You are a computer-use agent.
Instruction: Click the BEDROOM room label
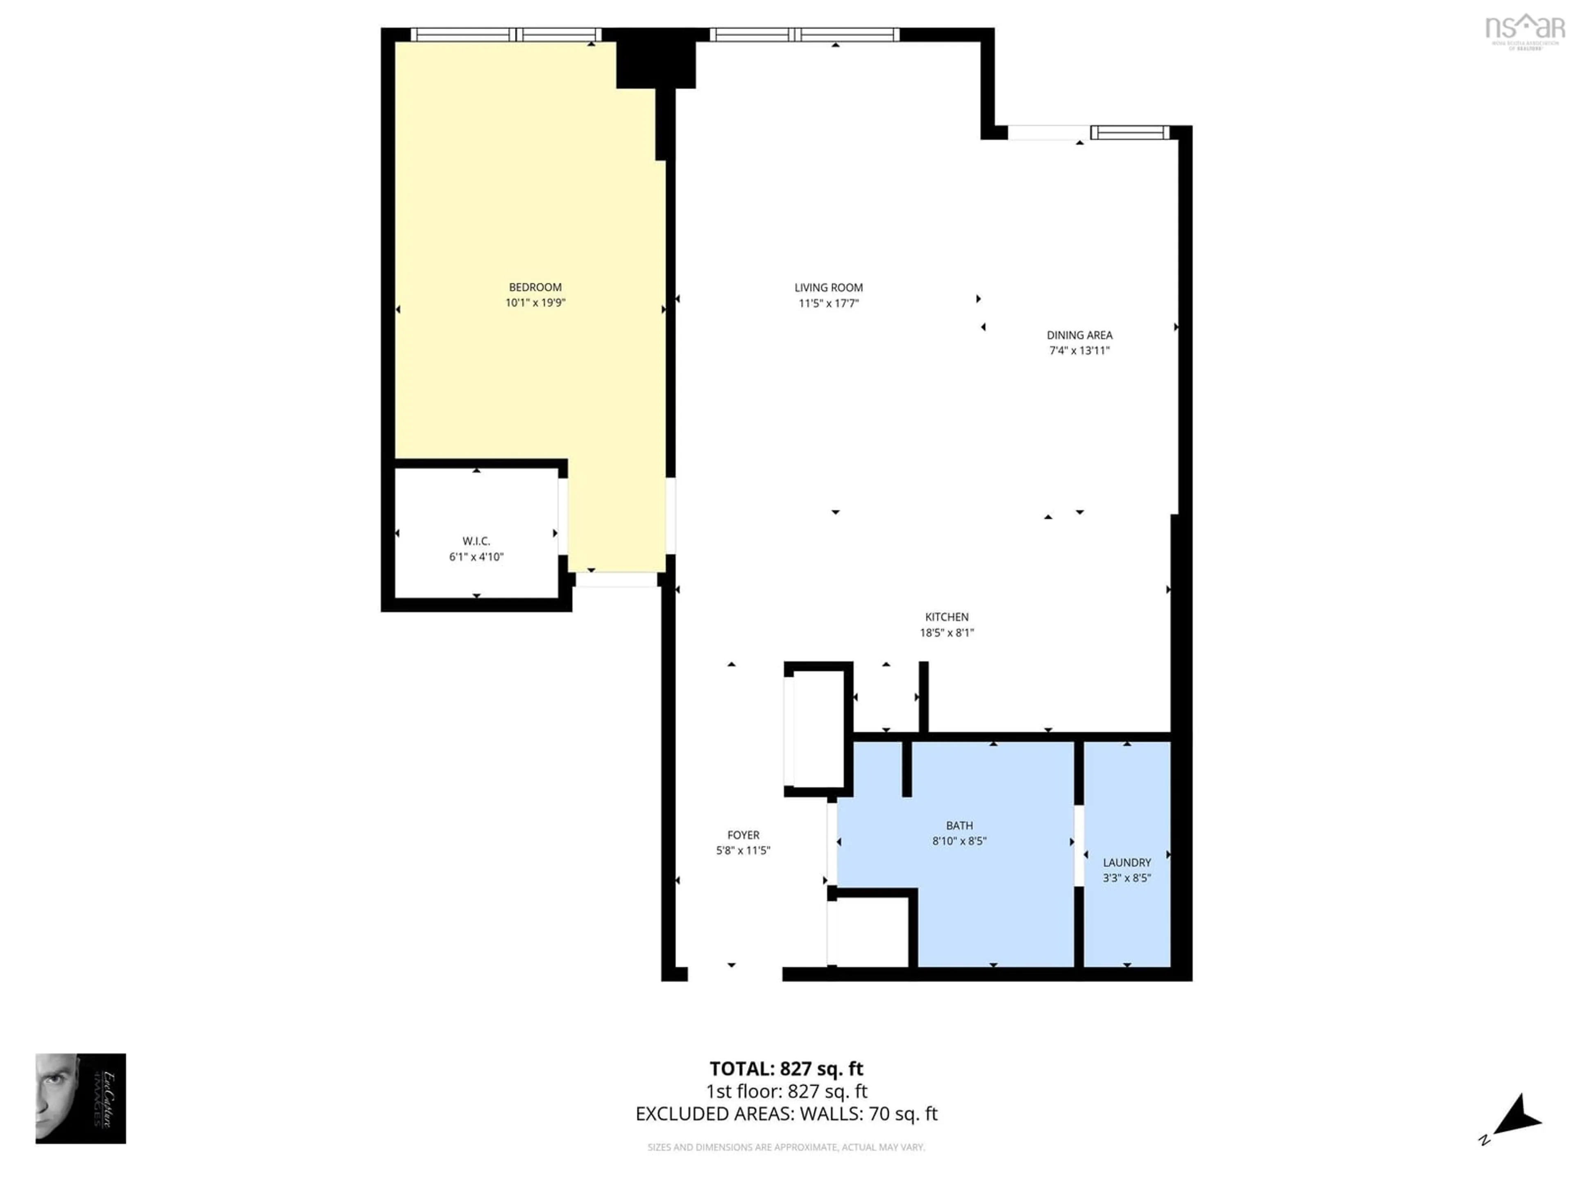pos(535,287)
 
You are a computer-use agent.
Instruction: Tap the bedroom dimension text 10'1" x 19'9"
pos(535,303)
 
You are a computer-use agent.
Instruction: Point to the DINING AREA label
pos(1079,335)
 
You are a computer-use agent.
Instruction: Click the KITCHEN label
pos(947,617)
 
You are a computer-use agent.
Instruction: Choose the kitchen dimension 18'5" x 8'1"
pos(947,632)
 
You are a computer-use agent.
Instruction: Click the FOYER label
pos(743,835)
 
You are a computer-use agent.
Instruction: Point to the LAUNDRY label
pos(1126,863)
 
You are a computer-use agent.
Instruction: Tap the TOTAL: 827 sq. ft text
pos(786,1069)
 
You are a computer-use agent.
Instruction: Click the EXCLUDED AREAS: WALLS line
pos(786,1113)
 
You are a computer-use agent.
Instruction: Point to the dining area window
pos(1129,132)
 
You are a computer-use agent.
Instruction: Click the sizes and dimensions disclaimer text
pos(786,1147)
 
